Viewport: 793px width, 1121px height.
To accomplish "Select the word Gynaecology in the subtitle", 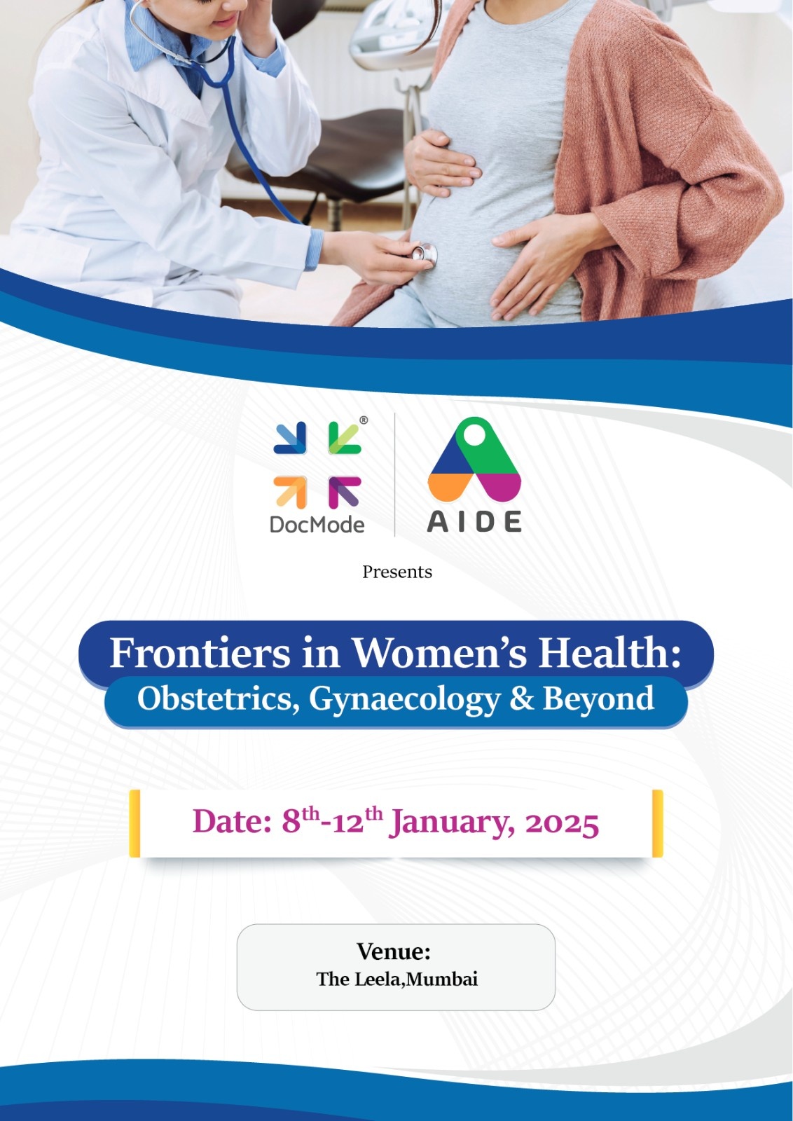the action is [x=404, y=700].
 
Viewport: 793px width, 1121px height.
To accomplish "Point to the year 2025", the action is [x=562, y=823].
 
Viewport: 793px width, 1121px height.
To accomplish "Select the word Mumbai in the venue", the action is [x=441, y=979].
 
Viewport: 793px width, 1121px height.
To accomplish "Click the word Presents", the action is [x=396, y=572].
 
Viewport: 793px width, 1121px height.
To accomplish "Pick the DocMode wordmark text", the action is [x=317, y=525].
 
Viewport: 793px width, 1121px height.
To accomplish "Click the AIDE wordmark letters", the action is [x=474, y=521].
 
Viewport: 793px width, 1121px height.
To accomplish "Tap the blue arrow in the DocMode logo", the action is [x=290, y=438].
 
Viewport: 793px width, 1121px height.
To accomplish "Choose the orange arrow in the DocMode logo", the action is [x=290, y=493].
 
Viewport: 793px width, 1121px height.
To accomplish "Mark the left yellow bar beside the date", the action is [x=135, y=823].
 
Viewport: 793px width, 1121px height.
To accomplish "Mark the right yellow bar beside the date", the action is [x=657, y=823].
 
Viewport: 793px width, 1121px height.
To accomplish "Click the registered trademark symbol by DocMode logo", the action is [x=364, y=420].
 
